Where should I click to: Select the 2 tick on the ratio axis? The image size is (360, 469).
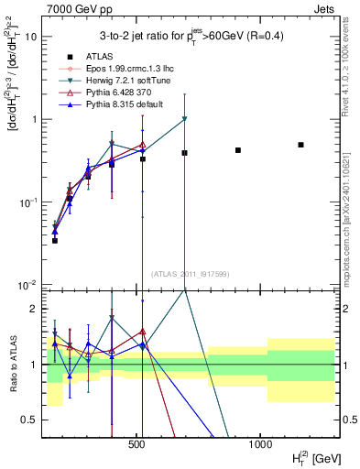pos(33,309)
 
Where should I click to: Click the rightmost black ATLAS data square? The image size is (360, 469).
pos(300,145)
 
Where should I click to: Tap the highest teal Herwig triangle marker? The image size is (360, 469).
pos(185,119)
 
